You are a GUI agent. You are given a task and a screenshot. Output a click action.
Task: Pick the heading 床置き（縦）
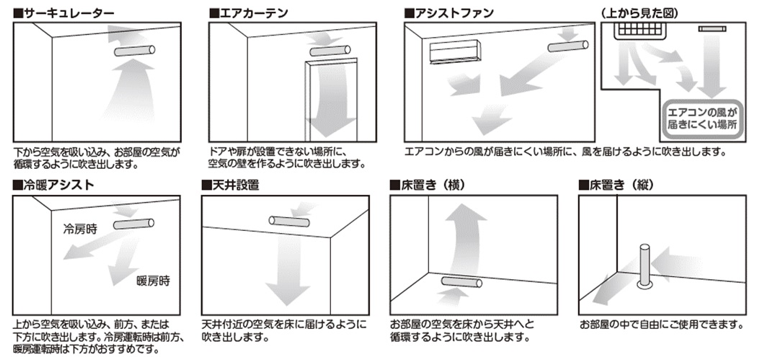(x=617, y=185)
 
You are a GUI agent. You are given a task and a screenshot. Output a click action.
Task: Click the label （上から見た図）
(x=639, y=13)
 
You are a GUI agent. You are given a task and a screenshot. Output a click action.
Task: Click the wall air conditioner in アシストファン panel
(x=456, y=52)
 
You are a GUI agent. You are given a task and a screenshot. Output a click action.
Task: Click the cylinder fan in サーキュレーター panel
(x=135, y=50)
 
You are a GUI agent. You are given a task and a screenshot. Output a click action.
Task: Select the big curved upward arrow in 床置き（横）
(x=464, y=237)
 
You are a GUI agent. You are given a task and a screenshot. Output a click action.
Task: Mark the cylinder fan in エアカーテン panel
(x=330, y=50)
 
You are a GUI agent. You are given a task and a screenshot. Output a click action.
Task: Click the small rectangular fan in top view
(x=712, y=29)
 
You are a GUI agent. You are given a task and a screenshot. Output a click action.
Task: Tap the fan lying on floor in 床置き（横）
(x=461, y=282)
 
